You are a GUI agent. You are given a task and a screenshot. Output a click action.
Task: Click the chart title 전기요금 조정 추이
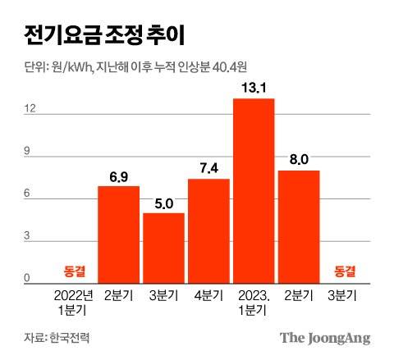[98, 35]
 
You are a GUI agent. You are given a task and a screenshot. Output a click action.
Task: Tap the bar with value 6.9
[118, 234]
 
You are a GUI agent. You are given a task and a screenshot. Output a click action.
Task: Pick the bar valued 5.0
[163, 247]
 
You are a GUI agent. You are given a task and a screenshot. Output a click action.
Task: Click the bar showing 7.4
[208, 230]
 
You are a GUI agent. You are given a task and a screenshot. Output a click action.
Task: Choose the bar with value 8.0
[299, 226]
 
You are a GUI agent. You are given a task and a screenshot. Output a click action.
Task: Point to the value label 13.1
[254, 88]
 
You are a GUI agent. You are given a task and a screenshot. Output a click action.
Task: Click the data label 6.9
[118, 175]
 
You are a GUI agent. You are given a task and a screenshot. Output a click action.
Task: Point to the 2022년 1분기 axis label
[73, 301]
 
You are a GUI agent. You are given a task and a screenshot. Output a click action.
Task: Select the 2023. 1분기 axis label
[254, 301]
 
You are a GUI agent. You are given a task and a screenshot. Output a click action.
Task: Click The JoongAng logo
[325, 337]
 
